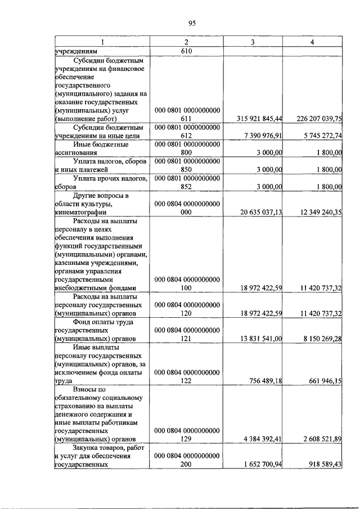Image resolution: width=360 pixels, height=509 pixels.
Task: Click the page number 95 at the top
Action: pos(191,23)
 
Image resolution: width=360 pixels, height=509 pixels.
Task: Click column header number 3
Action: pos(253,42)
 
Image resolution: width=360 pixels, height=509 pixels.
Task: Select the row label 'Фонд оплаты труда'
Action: pos(98,321)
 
